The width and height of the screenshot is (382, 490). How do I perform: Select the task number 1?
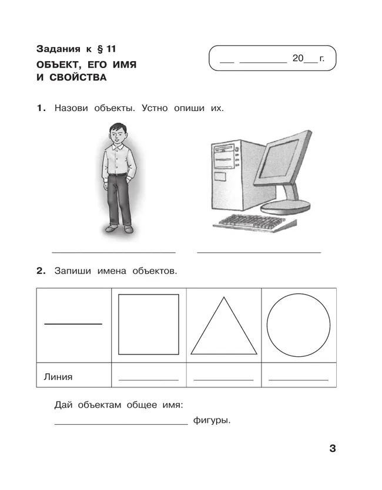pyautogui.click(x=40, y=109)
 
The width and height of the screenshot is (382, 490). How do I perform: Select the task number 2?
pyautogui.click(x=41, y=271)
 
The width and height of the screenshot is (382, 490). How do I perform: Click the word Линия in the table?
pyautogui.click(x=58, y=377)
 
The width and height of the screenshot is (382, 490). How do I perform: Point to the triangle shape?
pyautogui.click(x=224, y=332)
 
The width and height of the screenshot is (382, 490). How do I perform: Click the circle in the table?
pyautogui.click(x=299, y=325)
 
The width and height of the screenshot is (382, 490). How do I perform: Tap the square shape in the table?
pyautogui.click(x=149, y=325)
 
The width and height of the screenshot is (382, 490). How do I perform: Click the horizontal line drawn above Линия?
pyautogui.click(x=73, y=323)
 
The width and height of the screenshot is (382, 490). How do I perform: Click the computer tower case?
pyautogui.click(x=226, y=173)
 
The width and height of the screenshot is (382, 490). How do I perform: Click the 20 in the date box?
pyautogui.click(x=298, y=59)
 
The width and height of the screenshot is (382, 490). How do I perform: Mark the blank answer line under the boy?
pyautogui.click(x=113, y=252)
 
